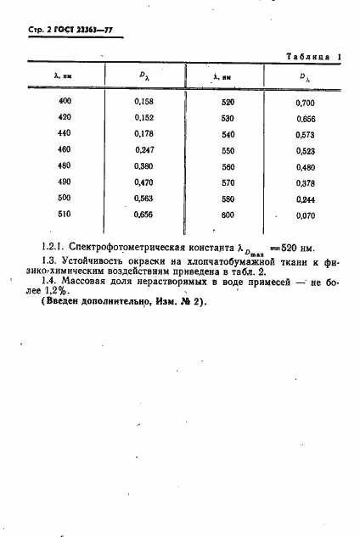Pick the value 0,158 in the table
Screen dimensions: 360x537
[x=145, y=102]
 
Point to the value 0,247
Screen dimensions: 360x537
[x=145, y=149]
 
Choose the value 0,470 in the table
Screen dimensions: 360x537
[x=145, y=182]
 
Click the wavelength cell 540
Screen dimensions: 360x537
[x=228, y=134]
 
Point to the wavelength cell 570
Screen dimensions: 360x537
[x=228, y=182]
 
